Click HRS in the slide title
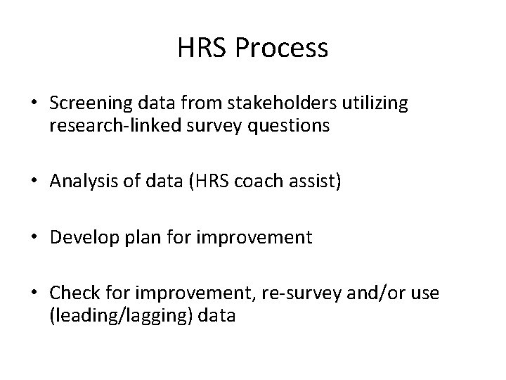[x=207, y=49]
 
